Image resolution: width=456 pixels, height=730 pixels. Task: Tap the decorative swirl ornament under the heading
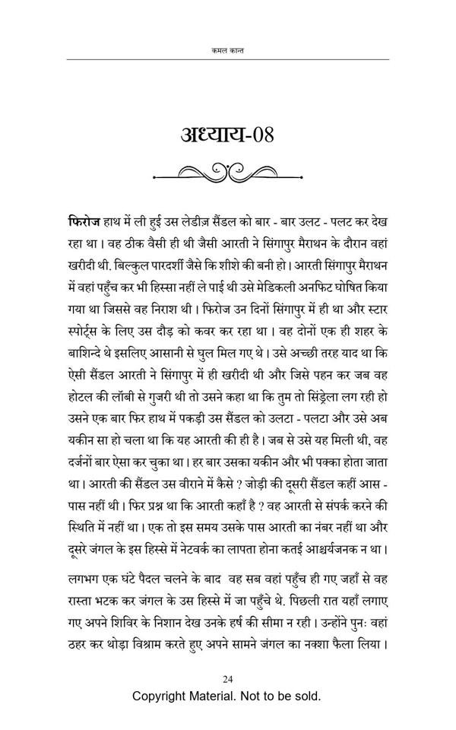(x=227, y=174)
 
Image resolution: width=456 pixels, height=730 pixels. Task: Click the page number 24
(x=227, y=679)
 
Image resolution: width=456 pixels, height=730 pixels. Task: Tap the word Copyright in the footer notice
(x=164, y=696)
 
